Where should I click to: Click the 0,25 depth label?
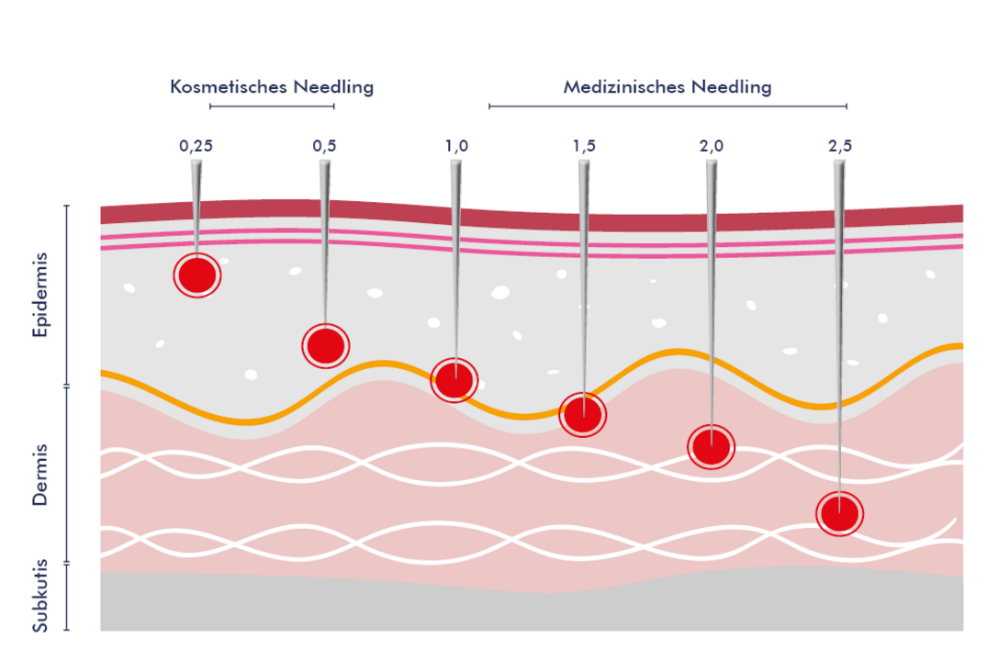(196, 145)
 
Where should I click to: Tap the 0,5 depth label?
(324, 145)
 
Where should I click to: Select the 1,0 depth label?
(456, 145)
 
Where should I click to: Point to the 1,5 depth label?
(584, 145)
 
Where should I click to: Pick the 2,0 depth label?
(712, 145)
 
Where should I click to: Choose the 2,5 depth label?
(840, 145)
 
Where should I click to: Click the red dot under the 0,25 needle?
(197, 274)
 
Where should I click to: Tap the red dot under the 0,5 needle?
(326, 345)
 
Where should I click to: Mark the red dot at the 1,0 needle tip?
(454, 379)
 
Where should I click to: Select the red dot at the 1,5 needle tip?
(583, 414)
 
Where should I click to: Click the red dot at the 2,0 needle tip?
(712, 447)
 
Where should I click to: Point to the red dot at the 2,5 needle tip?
(840, 513)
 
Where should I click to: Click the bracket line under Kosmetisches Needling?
(272, 106)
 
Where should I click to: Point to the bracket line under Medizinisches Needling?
(667, 106)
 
